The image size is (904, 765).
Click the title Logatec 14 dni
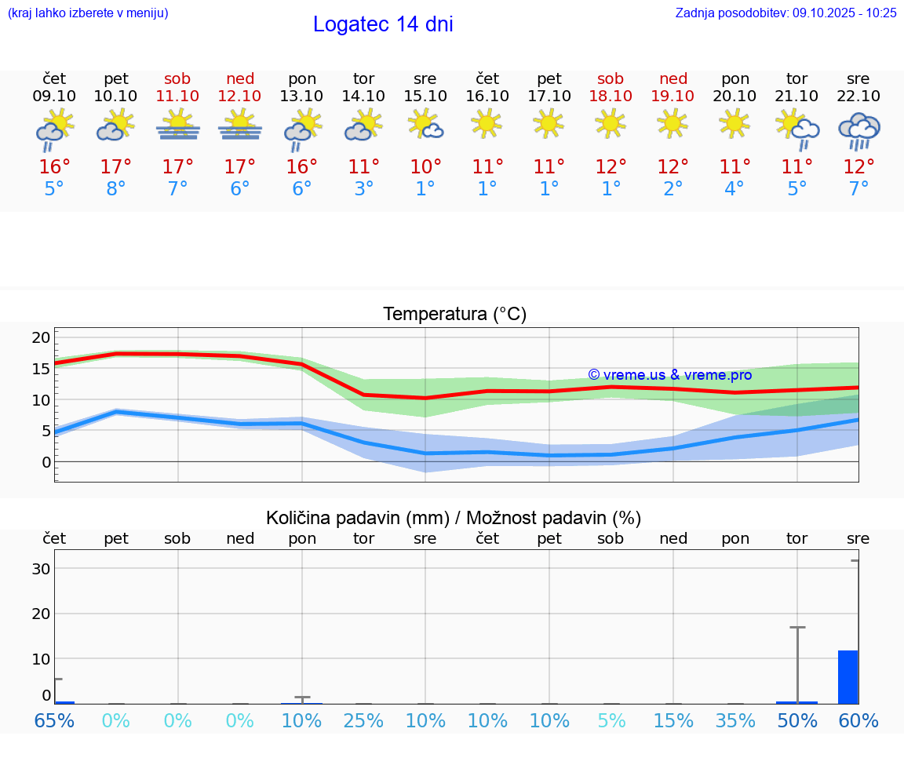(x=383, y=24)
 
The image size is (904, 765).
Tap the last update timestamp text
(x=786, y=13)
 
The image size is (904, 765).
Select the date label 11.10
(x=177, y=96)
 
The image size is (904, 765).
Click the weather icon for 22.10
(x=858, y=130)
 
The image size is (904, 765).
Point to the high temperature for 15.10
(x=425, y=166)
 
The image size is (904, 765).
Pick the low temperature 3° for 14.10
(x=363, y=188)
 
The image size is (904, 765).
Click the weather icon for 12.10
(x=240, y=126)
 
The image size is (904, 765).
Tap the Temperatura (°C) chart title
(x=454, y=315)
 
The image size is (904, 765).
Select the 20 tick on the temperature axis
(x=42, y=337)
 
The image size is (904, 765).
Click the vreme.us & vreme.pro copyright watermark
(x=669, y=375)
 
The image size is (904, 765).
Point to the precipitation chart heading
(x=454, y=518)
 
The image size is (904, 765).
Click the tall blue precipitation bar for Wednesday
(x=847, y=677)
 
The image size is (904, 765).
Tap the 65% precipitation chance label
(x=54, y=720)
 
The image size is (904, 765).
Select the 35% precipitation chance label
(x=735, y=720)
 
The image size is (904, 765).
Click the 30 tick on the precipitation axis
(x=42, y=569)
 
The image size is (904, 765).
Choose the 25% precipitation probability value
(x=363, y=720)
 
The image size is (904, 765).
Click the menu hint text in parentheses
(x=88, y=13)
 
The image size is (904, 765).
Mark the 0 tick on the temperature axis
(x=46, y=461)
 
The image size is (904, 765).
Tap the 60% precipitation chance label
(x=858, y=720)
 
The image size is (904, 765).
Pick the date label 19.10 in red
(x=673, y=96)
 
